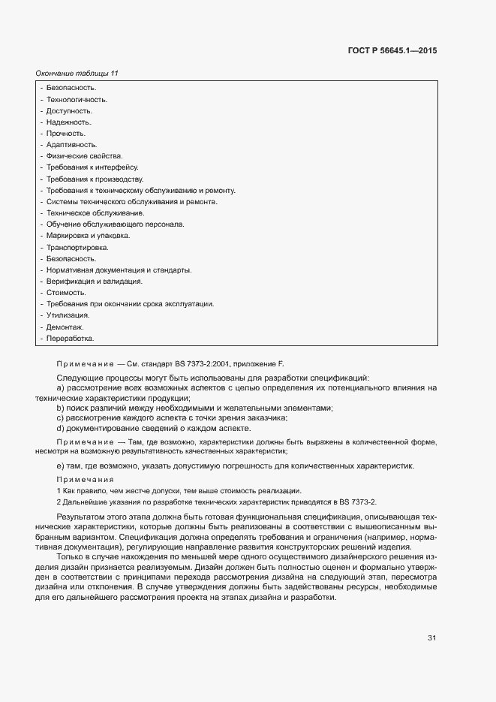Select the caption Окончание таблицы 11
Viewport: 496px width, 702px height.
[77, 74]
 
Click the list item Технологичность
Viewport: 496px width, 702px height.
[77, 99]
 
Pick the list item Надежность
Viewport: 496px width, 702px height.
[69, 122]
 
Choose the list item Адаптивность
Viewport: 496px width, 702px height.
[72, 144]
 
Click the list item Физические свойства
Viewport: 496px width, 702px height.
[84, 155]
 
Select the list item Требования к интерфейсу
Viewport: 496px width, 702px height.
[92, 167]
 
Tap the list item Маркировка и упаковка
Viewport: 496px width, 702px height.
[89, 236]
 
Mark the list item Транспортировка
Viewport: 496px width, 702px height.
[77, 247]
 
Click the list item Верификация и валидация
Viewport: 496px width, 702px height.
[95, 281]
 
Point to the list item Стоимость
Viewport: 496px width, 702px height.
[67, 292]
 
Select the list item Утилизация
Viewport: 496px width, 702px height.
[68, 315]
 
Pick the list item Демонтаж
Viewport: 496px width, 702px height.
[65, 327]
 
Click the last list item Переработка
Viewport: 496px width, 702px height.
[71, 339]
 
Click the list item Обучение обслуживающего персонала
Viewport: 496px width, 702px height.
[116, 224]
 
